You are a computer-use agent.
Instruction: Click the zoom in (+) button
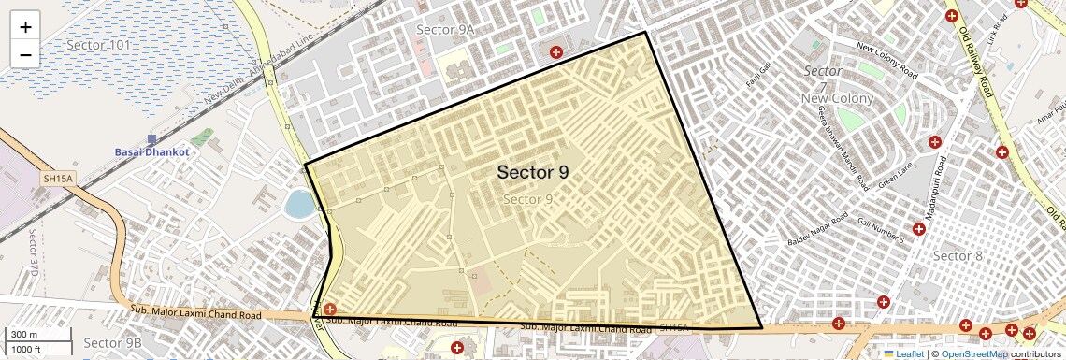click(x=25, y=26)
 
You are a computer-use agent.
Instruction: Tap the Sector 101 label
click(x=99, y=44)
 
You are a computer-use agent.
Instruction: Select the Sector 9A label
click(x=445, y=30)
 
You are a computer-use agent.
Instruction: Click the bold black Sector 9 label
click(x=532, y=172)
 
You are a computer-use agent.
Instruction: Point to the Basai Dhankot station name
click(x=151, y=151)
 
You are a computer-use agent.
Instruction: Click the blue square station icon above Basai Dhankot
click(x=151, y=138)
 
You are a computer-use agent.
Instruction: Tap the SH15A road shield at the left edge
click(x=57, y=178)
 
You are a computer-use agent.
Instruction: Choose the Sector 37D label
click(x=33, y=252)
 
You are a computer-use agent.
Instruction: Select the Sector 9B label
click(x=112, y=343)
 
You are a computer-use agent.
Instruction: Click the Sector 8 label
click(x=958, y=256)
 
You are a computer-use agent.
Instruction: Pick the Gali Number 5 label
click(x=880, y=230)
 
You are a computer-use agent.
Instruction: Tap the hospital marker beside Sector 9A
click(x=556, y=52)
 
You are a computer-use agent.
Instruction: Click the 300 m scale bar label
click(x=23, y=335)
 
